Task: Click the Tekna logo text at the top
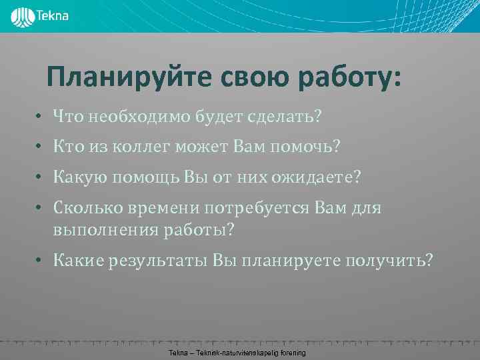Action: (x=54, y=14)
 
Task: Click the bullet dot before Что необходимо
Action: (x=40, y=117)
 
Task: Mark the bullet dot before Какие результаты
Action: (x=40, y=261)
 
